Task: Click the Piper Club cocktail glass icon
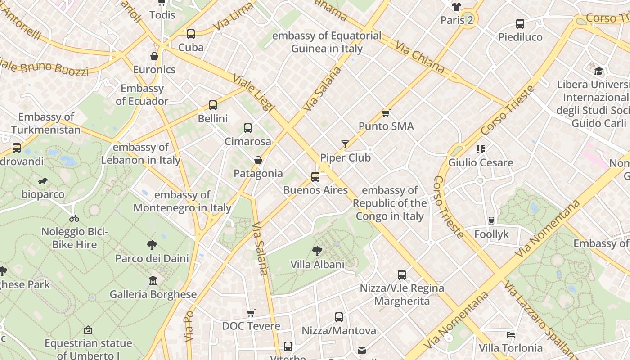tap(345, 144)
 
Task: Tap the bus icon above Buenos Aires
tap(315, 177)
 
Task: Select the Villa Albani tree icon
tap(317, 251)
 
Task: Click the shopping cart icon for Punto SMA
tap(386, 113)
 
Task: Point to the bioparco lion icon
tap(43, 181)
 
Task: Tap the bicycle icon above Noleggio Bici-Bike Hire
tap(74, 218)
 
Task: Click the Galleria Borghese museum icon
tap(153, 281)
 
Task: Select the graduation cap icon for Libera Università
tap(598, 71)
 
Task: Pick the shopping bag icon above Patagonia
tap(258, 160)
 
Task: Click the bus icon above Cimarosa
tap(248, 128)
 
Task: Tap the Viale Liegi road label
tap(253, 92)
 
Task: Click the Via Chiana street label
tap(420, 58)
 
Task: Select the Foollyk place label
tap(491, 234)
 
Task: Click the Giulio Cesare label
tap(481, 162)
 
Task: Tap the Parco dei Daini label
tap(152, 258)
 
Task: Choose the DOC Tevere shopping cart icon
tap(251, 313)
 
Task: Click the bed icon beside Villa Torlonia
tap(511, 334)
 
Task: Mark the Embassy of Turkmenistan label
tap(46, 124)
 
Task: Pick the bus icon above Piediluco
tap(520, 24)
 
